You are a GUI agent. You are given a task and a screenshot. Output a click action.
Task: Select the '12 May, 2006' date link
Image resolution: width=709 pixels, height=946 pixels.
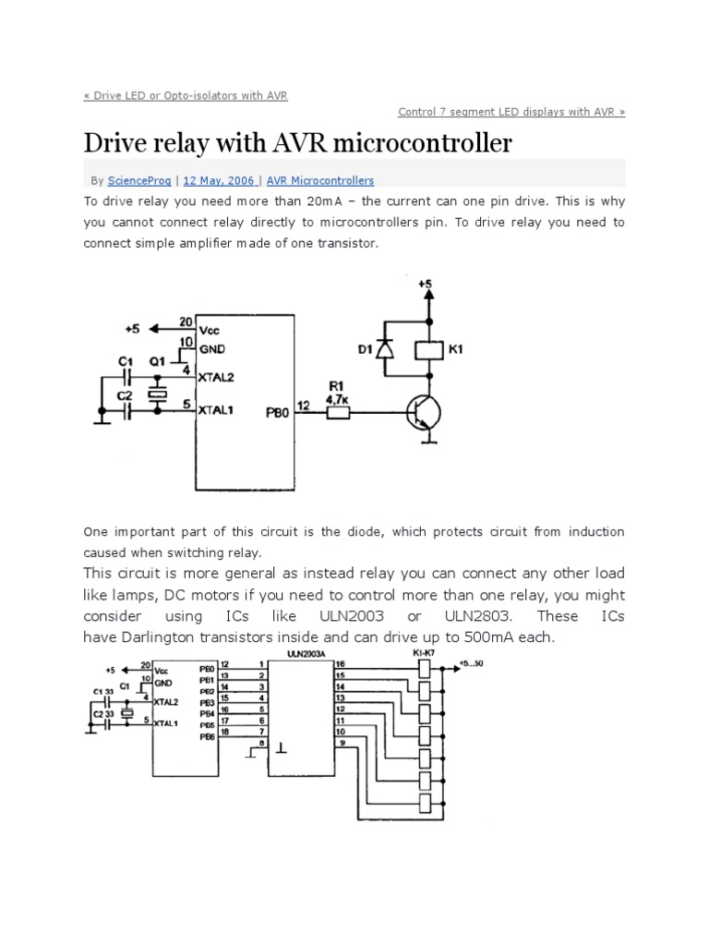coord(218,181)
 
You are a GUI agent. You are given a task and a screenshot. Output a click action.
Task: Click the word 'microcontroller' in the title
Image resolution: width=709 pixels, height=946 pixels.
coord(407,144)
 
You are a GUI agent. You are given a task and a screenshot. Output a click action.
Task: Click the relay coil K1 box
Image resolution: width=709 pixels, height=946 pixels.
coord(427,350)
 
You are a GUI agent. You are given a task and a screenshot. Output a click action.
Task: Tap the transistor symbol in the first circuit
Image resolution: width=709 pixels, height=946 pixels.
coord(420,415)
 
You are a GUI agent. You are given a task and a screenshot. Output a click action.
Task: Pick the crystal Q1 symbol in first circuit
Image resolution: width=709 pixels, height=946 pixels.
coord(160,394)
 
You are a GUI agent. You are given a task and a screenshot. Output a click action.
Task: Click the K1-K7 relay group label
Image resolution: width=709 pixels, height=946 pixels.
coord(424,652)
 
